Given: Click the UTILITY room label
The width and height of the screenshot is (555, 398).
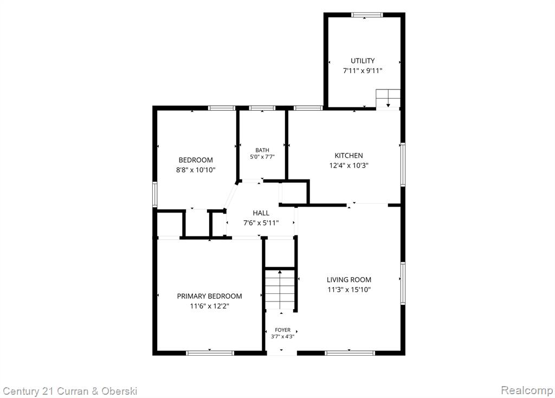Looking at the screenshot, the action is (x=363, y=61).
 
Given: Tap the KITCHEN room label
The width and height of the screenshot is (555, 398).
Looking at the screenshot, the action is (x=349, y=156).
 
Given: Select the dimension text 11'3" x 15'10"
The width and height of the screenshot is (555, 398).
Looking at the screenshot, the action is (x=349, y=290).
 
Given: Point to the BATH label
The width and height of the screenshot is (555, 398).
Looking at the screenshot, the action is (x=262, y=150).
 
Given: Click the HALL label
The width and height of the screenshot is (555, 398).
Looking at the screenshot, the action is (x=261, y=213).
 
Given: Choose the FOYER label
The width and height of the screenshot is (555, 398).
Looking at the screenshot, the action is (x=282, y=330).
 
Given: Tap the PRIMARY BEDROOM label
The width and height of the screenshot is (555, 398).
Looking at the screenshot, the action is (x=210, y=296).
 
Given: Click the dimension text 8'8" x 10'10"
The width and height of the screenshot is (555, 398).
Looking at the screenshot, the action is (x=196, y=170).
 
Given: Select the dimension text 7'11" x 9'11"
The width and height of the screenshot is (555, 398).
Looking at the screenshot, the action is (x=363, y=71).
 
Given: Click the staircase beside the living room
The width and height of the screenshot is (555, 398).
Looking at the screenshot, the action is (x=280, y=289).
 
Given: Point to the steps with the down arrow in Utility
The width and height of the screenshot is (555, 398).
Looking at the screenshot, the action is (x=388, y=99).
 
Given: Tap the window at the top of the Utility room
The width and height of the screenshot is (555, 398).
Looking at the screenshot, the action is (x=367, y=15).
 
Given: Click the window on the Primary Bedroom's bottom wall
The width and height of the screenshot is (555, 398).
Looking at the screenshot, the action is (x=210, y=352).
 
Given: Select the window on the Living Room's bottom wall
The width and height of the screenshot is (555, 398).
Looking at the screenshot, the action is (x=350, y=352).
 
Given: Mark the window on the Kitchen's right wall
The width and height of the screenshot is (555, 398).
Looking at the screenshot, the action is (x=403, y=164).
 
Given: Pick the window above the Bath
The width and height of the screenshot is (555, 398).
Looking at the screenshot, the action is (x=262, y=108).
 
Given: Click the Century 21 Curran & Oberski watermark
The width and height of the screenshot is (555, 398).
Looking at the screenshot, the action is (x=70, y=391).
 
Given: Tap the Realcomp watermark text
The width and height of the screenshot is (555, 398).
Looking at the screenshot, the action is (x=527, y=390).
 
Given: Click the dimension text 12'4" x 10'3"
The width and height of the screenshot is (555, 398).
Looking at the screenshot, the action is (x=349, y=165).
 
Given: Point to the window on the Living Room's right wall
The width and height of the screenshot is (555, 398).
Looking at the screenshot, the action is (x=403, y=283).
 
